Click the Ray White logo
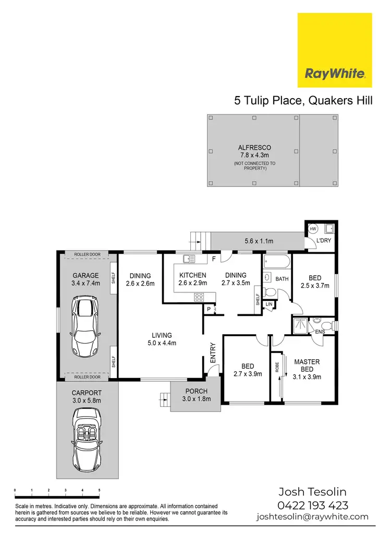tap(335, 50)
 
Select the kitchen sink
tap(189, 258)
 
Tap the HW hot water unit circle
tap(313, 229)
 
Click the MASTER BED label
tap(307, 366)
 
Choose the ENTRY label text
tap(213, 353)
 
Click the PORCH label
tap(196, 391)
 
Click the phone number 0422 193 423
tap(313, 505)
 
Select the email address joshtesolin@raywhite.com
tap(313, 517)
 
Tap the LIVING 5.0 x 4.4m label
tap(162, 339)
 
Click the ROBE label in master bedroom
tap(277, 368)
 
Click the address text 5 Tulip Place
tap(267, 101)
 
